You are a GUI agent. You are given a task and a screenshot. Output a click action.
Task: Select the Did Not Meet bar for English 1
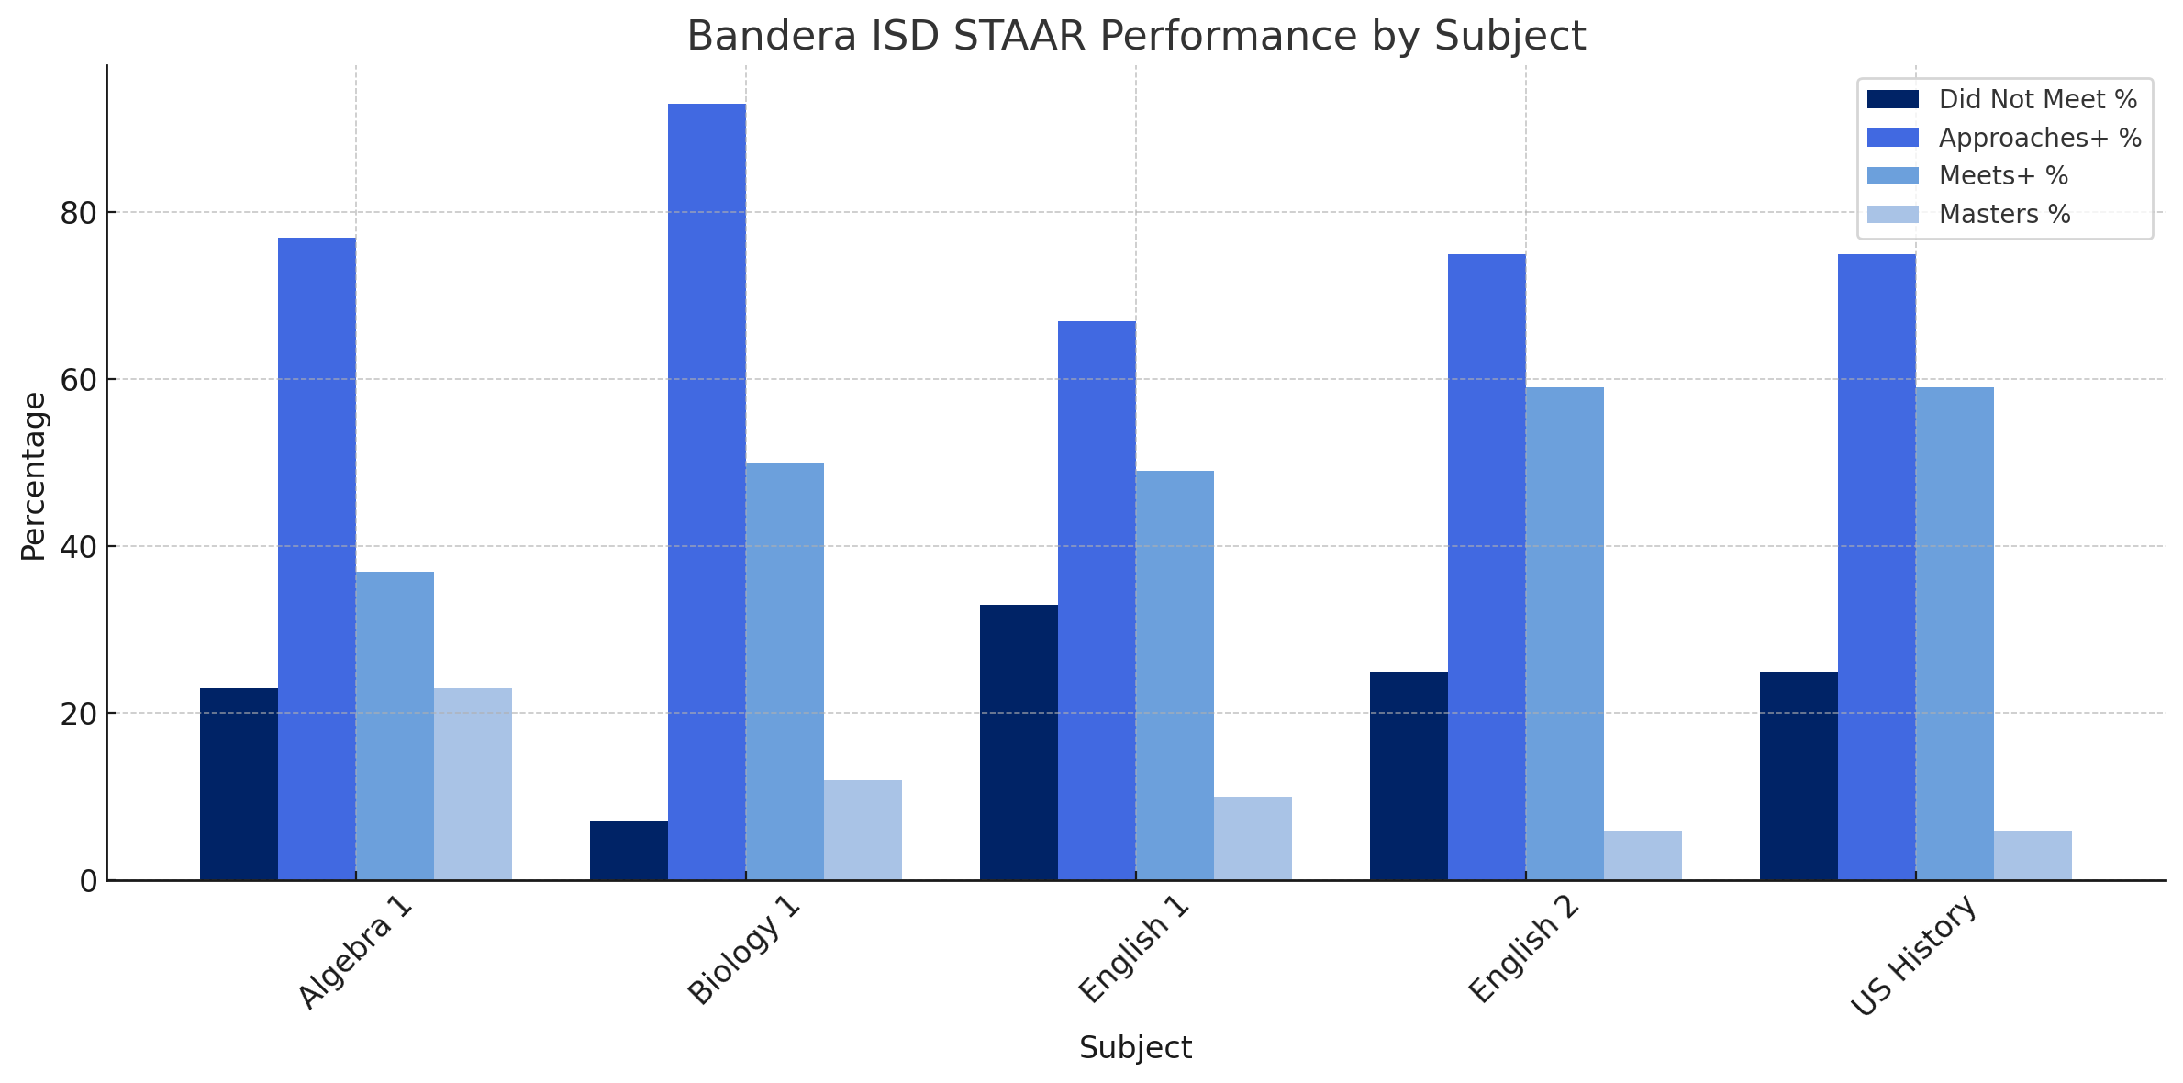point(1019,742)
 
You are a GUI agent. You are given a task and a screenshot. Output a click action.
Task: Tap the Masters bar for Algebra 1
point(473,784)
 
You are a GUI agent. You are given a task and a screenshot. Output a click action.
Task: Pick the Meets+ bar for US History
point(1955,633)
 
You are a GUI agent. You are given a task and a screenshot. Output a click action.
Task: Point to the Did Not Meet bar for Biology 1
point(629,851)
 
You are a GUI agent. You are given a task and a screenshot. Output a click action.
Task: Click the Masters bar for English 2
point(1643,855)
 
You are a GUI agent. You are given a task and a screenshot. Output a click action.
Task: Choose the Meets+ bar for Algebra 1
point(395,726)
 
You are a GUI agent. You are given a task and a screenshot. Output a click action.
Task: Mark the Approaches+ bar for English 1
point(1097,600)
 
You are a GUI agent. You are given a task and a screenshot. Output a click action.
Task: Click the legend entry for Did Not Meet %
point(2038,100)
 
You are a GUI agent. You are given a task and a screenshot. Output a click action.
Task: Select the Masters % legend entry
point(2005,215)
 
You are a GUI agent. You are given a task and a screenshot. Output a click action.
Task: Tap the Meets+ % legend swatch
point(1893,176)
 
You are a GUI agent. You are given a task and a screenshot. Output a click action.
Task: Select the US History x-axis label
point(1912,955)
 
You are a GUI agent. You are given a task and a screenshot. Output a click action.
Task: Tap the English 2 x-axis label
point(1523,951)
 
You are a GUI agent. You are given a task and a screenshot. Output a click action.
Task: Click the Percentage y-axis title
point(34,475)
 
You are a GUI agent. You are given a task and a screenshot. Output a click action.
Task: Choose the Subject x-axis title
point(1135,1048)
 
